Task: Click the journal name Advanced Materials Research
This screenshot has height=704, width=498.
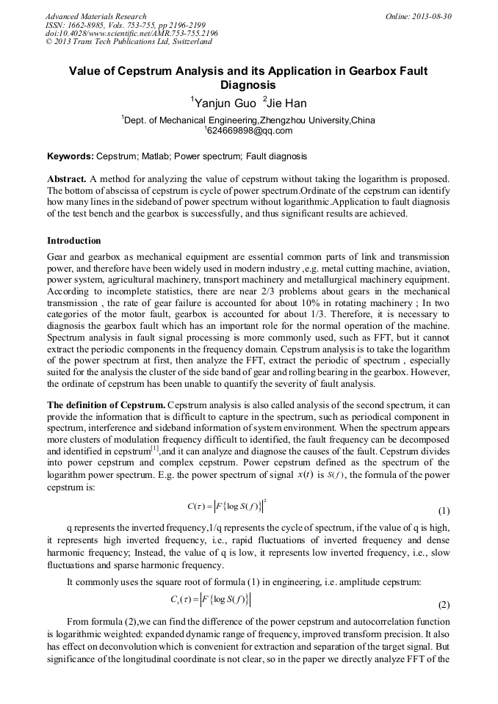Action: [95, 15]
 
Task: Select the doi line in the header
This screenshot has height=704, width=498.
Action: [131, 33]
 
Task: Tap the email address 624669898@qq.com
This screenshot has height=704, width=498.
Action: [249, 131]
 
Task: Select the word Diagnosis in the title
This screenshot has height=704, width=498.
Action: [248, 85]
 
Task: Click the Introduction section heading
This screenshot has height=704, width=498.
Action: [73, 241]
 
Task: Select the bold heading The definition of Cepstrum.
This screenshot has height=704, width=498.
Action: [106, 405]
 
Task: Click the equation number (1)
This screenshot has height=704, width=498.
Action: [444, 510]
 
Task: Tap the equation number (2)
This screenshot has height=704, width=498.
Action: [444, 606]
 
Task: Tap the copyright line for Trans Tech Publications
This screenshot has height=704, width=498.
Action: [129, 42]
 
